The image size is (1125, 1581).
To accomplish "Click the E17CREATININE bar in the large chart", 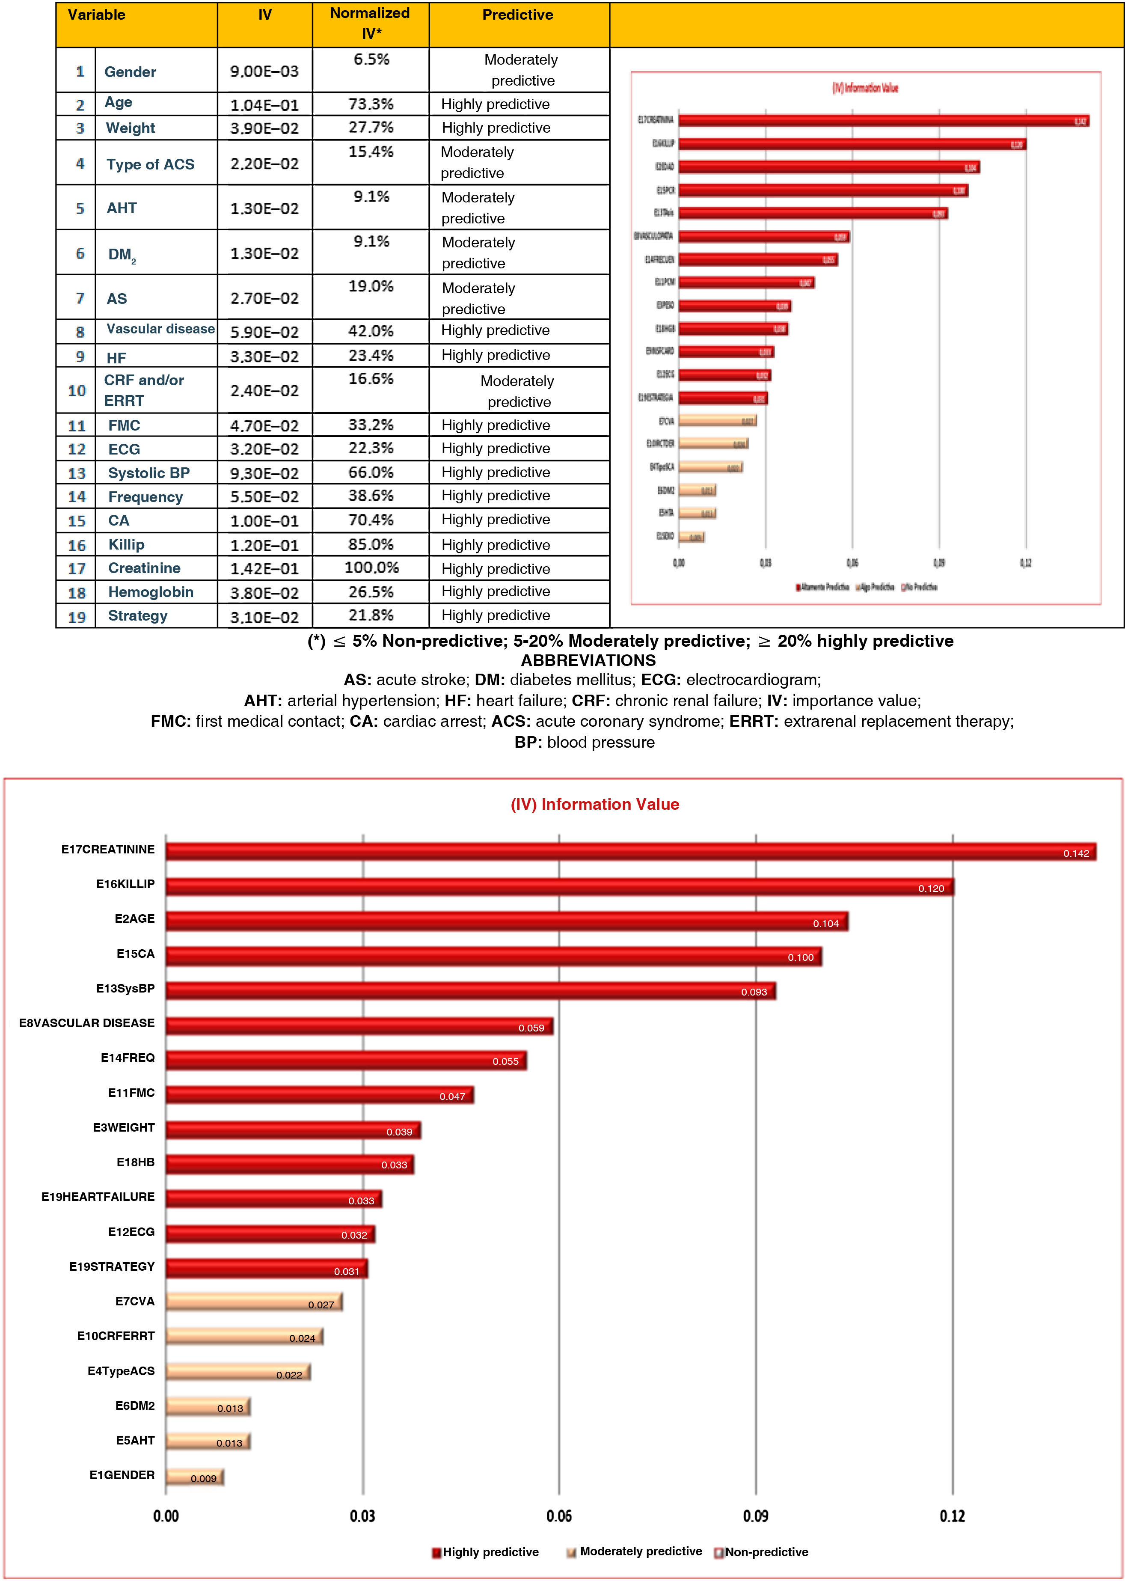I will (630, 851).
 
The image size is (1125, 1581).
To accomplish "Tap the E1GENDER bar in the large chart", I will (194, 1477).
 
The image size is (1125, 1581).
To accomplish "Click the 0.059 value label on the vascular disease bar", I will (531, 1028).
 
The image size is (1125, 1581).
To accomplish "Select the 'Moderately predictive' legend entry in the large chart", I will (640, 1551).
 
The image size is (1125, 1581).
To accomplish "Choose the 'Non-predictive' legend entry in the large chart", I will (766, 1552).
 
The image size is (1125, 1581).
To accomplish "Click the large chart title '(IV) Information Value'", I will (594, 804).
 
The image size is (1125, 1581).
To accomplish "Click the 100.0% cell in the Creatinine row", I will (371, 568).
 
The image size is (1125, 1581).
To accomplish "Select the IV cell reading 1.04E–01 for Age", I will (264, 104).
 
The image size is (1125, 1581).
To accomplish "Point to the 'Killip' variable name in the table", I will (126, 544).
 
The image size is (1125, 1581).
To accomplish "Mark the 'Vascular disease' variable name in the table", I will (160, 329).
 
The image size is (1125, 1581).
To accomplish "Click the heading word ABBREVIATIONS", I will (588, 660).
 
